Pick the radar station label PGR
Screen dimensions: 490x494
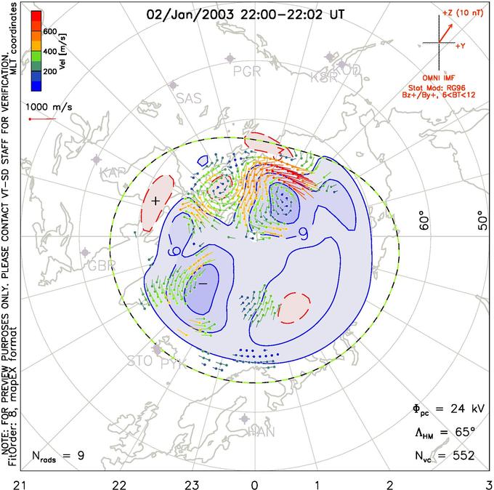click(x=248, y=71)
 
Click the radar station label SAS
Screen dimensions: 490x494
click(x=190, y=100)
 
